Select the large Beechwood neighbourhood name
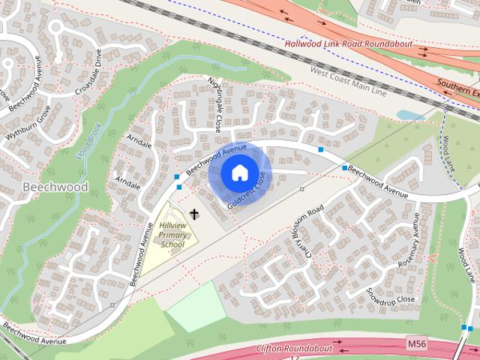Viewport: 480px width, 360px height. click(55, 187)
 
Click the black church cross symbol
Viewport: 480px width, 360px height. click(195, 214)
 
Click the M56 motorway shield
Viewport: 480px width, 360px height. click(417, 343)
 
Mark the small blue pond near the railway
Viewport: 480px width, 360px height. click(409, 115)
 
